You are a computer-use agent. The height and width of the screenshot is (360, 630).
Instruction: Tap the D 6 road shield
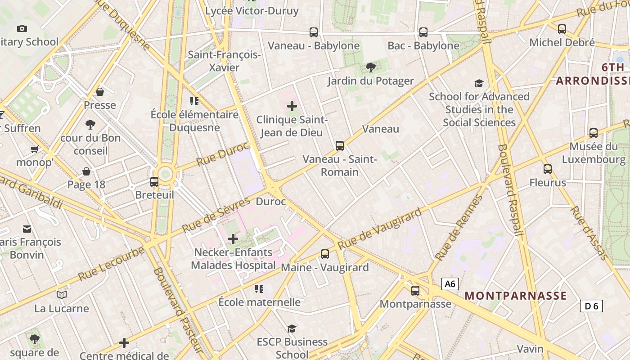(x=591, y=306)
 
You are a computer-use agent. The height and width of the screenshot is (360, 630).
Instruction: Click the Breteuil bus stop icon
(x=154, y=182)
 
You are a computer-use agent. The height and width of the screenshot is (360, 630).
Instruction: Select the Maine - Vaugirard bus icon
(x=325, y=254)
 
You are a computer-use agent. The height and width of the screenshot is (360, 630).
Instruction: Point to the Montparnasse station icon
(x=415, y=291)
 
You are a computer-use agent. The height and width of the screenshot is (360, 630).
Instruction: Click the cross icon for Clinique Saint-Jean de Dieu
(x=292, y=106)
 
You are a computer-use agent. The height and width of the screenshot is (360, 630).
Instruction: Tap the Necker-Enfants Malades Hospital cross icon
(x=233, y=239)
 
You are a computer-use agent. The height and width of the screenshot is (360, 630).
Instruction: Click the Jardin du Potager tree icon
(x=370, y=67)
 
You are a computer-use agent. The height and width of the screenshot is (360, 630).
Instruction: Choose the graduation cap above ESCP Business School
(x=292, y=328)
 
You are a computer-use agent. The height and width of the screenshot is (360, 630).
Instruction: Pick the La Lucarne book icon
(x=62, y=295)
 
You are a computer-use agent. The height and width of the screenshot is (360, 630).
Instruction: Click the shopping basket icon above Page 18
(x=86, y=171)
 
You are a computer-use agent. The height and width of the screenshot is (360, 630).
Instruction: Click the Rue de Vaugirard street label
(x=380, y=228)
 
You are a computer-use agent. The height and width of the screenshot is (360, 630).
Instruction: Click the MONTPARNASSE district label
(x=515, y=296)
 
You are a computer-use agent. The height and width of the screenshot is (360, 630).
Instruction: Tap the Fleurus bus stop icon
(x=548, y=169)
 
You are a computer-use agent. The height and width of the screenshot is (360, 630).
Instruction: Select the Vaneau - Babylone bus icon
(x=314, y=32)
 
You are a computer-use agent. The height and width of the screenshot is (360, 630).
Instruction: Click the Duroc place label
(x=270, y=202)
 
